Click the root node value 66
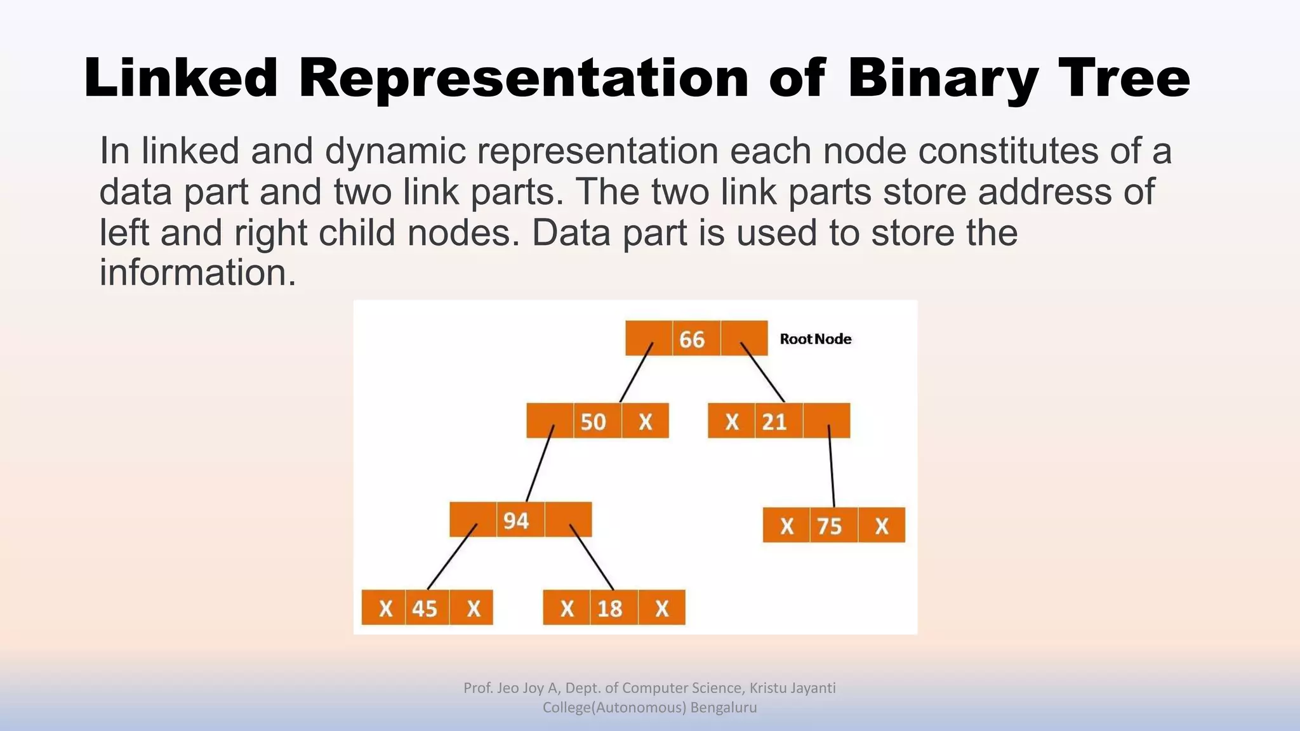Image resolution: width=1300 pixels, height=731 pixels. tap(692, 339)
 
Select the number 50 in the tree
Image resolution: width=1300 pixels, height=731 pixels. tap(594, 422)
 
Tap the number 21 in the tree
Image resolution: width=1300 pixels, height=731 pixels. tap(774, 422)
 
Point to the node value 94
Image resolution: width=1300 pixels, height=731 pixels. tap(516, 521)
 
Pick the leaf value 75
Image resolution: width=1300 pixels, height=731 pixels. tap(830, 526)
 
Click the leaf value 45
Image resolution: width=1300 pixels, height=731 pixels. tap(425, 609)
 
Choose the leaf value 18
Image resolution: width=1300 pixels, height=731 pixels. tap(610, 609)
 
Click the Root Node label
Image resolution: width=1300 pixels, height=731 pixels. tap(816, 339)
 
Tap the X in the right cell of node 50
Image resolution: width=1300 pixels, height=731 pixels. tap(646, 422)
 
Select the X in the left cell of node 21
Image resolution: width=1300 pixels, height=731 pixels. tap(732, 422)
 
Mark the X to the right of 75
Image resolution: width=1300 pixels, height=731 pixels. tap(882, 526)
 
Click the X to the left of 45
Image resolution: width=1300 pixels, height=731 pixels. tap(385, 609)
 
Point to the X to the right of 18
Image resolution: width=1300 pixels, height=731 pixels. tap(662, 609)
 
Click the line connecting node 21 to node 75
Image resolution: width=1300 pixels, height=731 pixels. tap(832, 466)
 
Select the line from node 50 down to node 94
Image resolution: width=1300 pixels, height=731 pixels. tap(540, 463)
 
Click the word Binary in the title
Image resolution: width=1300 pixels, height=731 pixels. tap(943, 78)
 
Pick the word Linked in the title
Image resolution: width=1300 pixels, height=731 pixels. tap(181, 78)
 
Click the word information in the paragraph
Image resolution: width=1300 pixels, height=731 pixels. tap(197, 272)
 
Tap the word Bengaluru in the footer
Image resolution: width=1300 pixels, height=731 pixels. tap(724, 707)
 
